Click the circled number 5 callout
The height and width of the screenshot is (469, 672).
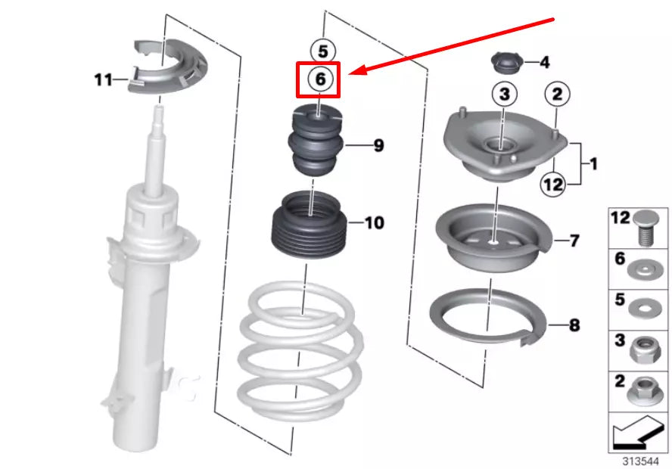coord(322,51)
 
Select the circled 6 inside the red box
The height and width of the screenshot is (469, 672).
coord(320,79)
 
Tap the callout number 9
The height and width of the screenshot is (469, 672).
coord(379,146)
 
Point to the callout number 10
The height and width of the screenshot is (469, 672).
coord(375,222)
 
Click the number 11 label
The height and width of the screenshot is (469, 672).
coord(103,80)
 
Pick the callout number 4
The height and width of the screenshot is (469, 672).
coord(544,63)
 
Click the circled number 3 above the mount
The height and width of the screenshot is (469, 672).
coord(505,94)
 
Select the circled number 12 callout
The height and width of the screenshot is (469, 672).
coord(553,185)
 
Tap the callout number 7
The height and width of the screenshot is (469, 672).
coord(574,241)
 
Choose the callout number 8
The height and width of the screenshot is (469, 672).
coord(574,325)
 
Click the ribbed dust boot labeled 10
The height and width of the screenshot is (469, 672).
coord(310,224)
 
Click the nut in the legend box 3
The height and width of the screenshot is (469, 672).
coord(645,349)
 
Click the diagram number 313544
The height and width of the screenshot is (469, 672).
coord(640,461)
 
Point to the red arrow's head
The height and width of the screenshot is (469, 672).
coord(358,70)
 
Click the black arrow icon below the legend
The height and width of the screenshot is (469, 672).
coord(638,433)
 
